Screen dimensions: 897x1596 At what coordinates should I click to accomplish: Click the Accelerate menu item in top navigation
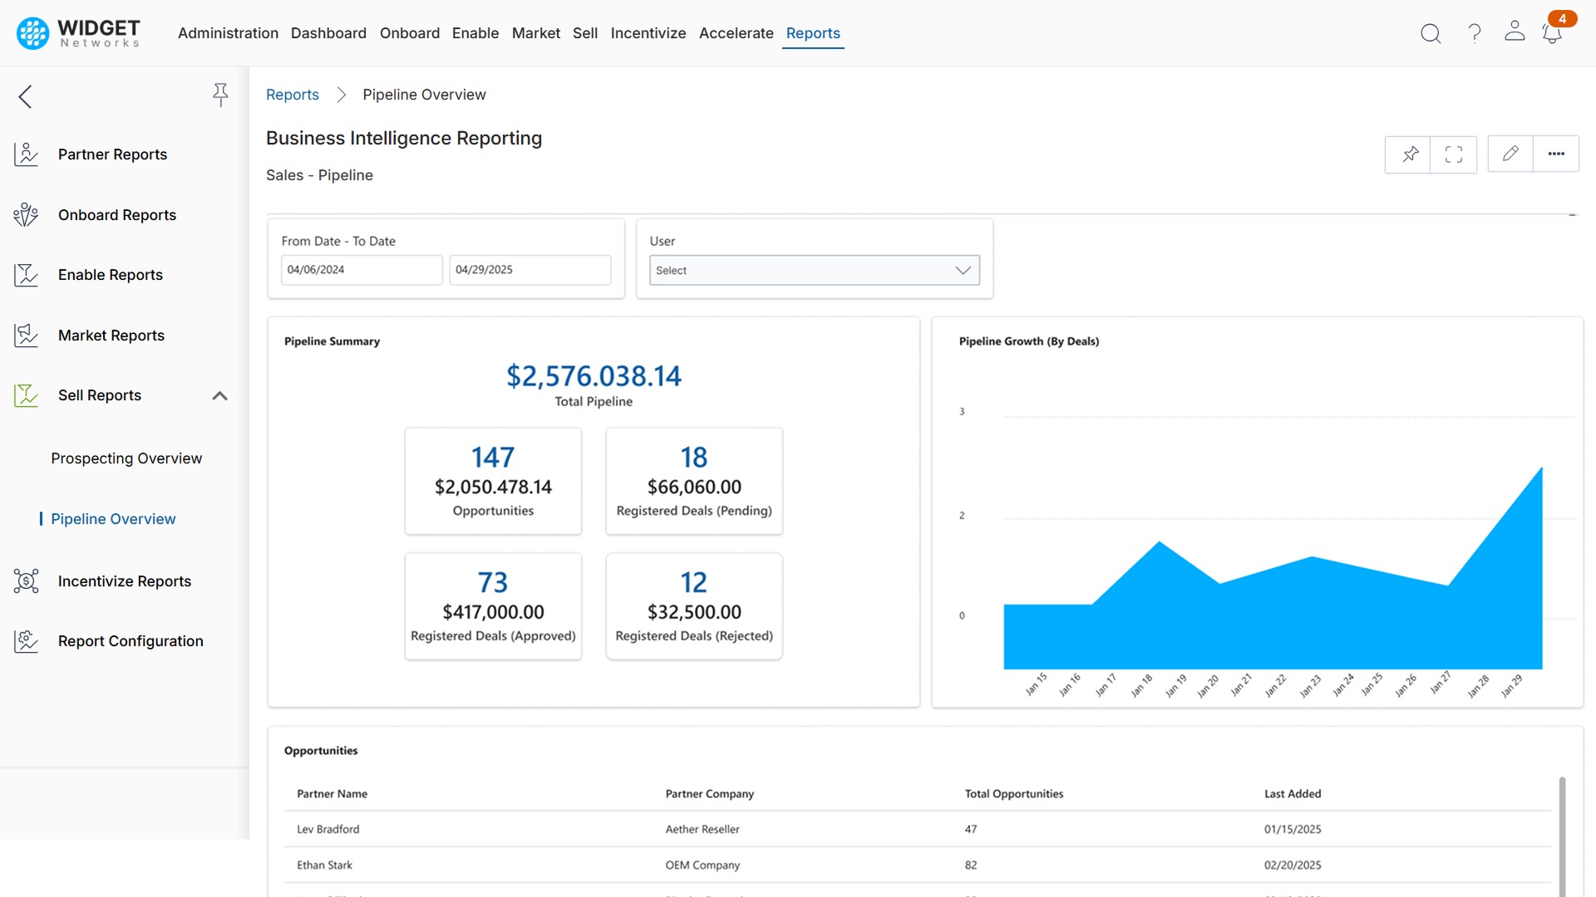pos(736,33)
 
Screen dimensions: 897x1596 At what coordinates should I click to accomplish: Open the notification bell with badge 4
pos(1551,33)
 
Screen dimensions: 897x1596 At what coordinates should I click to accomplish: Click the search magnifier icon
pos(1431,33)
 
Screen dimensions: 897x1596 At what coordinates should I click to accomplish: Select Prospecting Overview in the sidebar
pos(126,458)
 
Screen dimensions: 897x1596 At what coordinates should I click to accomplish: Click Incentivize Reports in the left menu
pos(125,581)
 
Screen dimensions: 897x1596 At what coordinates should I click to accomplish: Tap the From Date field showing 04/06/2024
pos(361,270)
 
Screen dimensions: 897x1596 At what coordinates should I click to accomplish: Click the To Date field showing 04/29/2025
pos(530,270)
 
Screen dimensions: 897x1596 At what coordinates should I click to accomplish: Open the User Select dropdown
pos(814,271)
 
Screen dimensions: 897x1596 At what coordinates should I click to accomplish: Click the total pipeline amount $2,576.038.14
pos(594,376)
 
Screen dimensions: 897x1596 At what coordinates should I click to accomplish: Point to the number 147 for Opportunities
pos(493,458)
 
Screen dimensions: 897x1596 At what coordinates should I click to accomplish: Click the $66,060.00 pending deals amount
pos(694,488)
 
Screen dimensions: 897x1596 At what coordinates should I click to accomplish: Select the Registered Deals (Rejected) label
pos(694,636)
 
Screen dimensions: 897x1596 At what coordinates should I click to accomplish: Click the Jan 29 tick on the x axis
pos(1511,686)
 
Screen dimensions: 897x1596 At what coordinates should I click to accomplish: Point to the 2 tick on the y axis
pos(962,516)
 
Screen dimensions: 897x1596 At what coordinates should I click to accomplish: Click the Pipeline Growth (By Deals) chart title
pos(1028,341)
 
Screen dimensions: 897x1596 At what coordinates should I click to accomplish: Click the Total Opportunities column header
pos(1013,794)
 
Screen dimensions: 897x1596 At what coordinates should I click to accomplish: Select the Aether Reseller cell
pos(702,830)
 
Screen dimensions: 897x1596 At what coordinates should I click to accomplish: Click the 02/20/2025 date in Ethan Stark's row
pos(1292,865)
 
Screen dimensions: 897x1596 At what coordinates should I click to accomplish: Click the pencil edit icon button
pos(1510,154)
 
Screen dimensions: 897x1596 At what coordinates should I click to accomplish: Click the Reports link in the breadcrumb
pos(293,95)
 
